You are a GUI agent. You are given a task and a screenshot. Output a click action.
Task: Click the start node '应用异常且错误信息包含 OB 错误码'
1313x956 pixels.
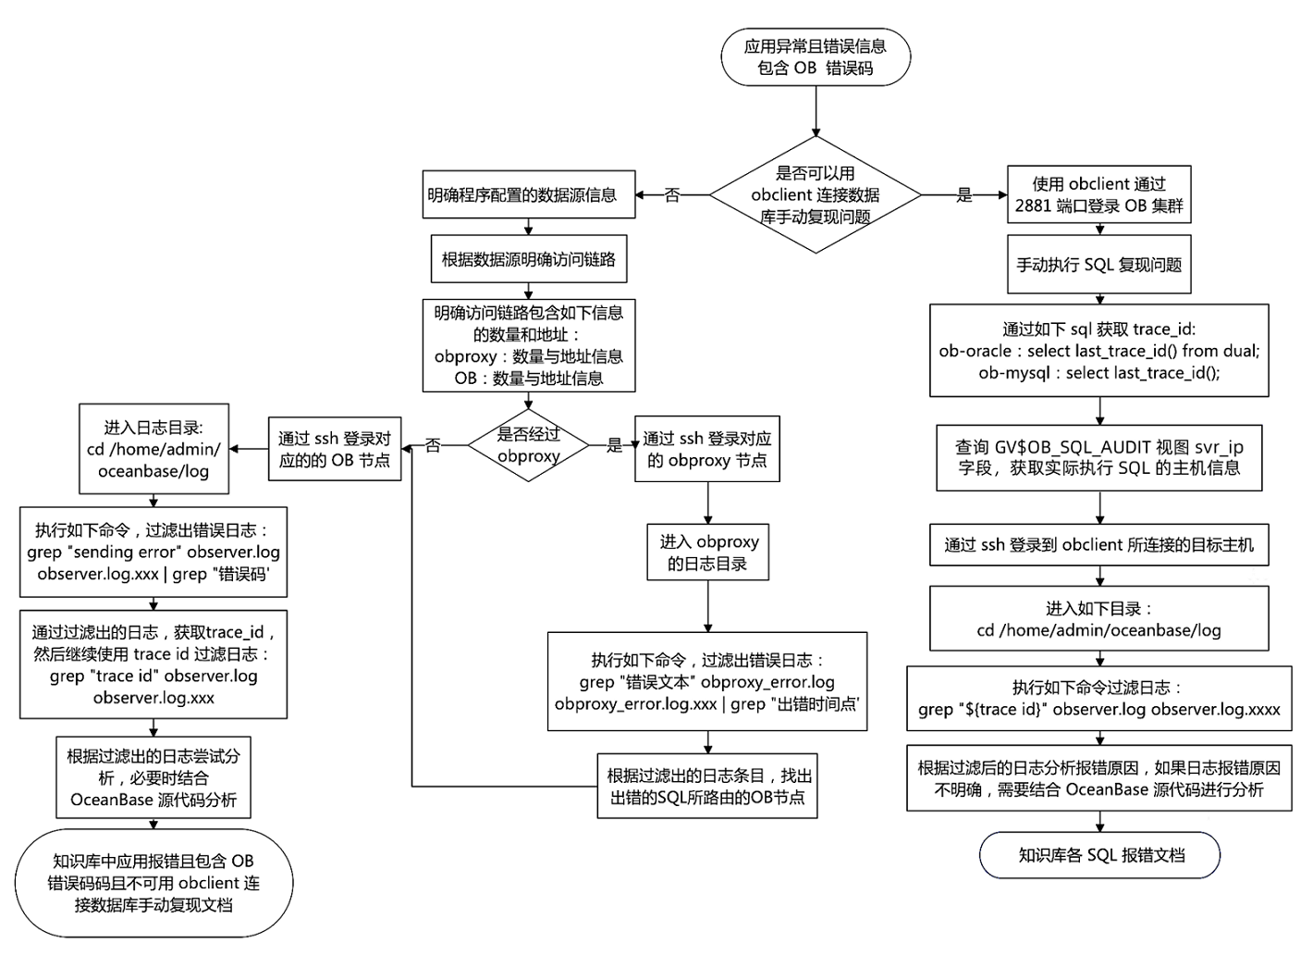pyautogui.click(x=815, y=57)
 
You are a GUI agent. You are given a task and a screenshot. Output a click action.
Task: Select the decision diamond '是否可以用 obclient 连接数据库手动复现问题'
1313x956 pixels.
pyautogui.click(x=815, y=194)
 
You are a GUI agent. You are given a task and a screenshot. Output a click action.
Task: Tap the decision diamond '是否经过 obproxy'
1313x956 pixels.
pyautogui.click(x=528, y=445)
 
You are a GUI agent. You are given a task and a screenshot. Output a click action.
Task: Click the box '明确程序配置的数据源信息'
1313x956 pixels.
pyautogui.click(x=528, y=194)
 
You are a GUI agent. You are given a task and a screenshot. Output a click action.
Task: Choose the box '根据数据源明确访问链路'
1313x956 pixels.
pyautogui.click(x=528, y=259)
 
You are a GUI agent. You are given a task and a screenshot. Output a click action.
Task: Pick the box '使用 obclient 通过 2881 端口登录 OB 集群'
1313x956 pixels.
pyautogui.click(x=1098, y=194)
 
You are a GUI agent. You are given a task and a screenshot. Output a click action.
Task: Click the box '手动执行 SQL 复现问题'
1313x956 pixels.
pyautogui.click(x=1098, y=265)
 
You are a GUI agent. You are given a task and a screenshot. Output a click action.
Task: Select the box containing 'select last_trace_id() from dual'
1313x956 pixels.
pyautogui.click(x=1098, y=351)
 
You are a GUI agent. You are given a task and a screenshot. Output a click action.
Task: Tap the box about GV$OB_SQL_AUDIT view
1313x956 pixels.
pyautogui.click(x=1098, y=457)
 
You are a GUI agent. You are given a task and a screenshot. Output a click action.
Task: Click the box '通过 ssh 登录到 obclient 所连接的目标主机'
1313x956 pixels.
pyautogui.click(x=1098, y=545)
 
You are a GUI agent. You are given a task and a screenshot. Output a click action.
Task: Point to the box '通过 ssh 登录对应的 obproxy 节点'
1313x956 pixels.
pyautogui.click(x=707, y=449)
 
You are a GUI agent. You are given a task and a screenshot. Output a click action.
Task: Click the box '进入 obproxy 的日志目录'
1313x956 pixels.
pyautogui.click(x=707, y=552)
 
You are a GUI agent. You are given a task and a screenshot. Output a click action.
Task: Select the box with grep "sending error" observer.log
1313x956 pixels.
pyautogui.click(x=153, y=552)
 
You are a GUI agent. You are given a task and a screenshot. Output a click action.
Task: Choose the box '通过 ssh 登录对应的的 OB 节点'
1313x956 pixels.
pyautogui.click(x=335, y=449)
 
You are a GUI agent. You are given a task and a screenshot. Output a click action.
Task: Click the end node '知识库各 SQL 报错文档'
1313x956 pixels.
pyautogui.click(x=1099, y=855)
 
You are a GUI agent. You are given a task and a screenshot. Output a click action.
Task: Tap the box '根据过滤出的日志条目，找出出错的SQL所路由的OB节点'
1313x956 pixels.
pyautogui.click(x=707, y=786)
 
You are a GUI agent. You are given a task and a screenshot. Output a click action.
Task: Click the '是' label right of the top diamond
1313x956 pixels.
pyautogui.click(x=963, y=194)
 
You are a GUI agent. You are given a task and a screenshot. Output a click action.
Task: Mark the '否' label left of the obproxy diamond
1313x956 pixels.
pyautogui.click(x=433, y=446)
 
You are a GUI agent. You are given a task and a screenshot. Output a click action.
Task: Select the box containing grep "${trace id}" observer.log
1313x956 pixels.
pyautogui.click(x=1098, y=699)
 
